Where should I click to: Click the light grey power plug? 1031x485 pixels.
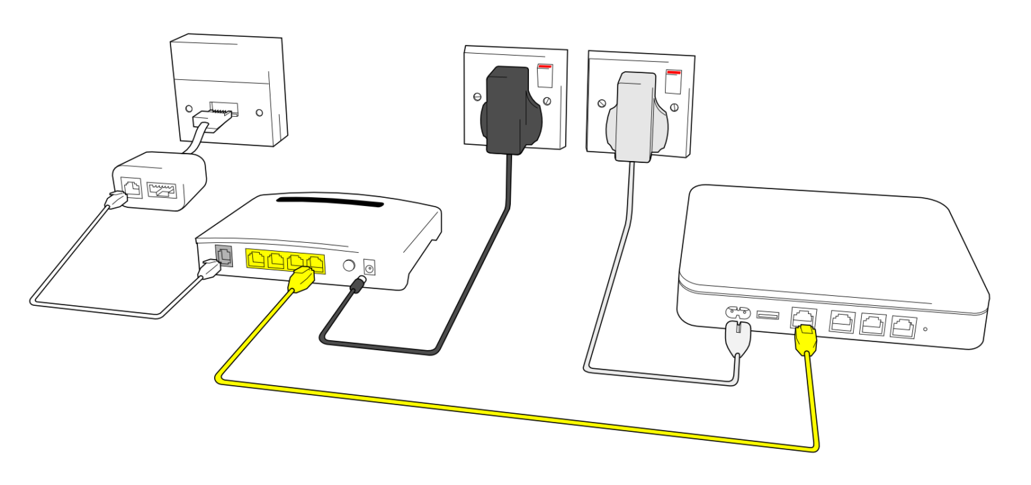(631, 117)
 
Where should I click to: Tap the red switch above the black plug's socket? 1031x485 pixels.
(546, 74)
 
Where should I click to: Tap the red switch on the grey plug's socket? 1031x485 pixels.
(673, 79)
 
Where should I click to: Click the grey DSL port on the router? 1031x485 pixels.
(223, 256)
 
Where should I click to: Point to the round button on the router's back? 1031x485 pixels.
(349, 265)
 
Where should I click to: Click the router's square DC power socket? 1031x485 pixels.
(369, 267)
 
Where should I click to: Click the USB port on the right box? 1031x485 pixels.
(768, 315)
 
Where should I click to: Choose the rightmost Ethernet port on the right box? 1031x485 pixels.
(902, 327)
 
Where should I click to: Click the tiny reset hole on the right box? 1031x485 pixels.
(926, 329)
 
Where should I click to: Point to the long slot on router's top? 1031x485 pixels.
(329, 202)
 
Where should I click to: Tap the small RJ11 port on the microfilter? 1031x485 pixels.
(130, 187)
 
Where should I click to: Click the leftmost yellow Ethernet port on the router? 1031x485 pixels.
(257, 260)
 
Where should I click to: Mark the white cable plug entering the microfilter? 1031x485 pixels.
(116, 201)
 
